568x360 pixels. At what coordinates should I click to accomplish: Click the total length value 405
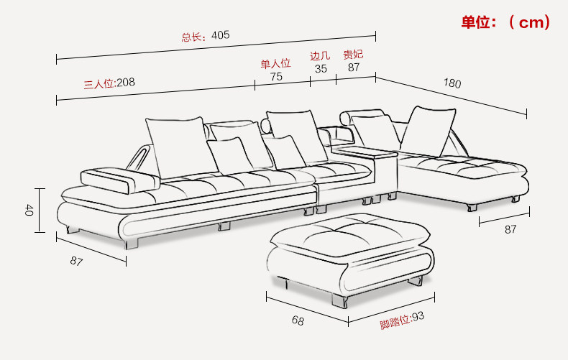[x=220, y=35]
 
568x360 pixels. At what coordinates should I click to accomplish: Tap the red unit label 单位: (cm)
[x=505, y=22]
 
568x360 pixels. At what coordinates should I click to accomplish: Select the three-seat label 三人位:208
[x=109, y=83]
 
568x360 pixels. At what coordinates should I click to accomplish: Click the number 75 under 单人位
[x=276, y=76]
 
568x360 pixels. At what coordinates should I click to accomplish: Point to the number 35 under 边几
[x=321, y=68]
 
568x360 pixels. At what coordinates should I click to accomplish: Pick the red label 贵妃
[x=353, y=55]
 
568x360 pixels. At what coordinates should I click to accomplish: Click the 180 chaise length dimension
[x=452, y=83]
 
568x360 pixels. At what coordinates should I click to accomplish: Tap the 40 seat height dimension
[x=29, y=210]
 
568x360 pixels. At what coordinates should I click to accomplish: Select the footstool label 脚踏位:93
[x=402, y=320]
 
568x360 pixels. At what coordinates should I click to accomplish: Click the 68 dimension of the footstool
[x=298, y=320]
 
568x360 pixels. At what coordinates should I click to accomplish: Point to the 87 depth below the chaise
[x=510, y=229]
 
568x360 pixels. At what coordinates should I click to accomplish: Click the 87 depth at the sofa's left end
[x=76, y=261]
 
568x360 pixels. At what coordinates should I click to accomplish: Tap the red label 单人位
[x=275, y=64]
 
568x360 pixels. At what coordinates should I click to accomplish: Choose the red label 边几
[x=320, y=56]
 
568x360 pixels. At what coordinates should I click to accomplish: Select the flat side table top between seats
[x=365, y=152]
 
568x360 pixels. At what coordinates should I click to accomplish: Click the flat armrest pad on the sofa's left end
[x=119, y=180]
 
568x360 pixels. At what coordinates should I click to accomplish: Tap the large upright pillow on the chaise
[x=429, y=131]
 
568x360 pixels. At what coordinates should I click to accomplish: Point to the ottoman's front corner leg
[x=340, y=301]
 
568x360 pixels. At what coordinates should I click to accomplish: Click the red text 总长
[x=191, y=37]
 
